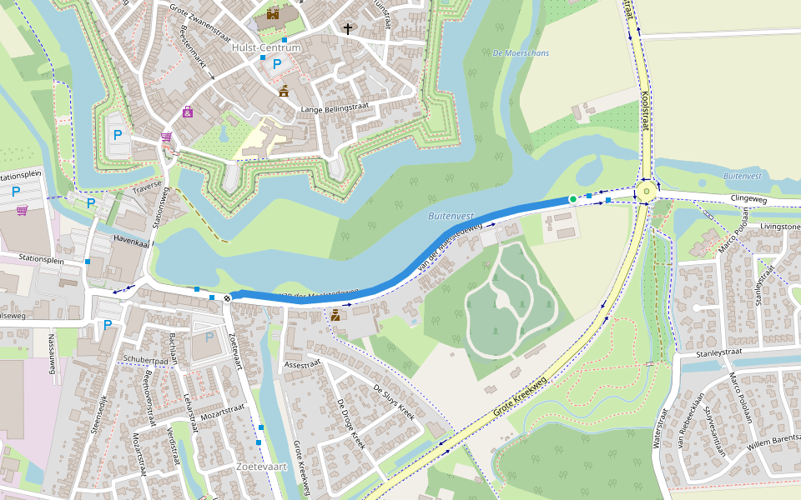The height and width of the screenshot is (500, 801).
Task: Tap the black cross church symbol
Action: pos(348,29)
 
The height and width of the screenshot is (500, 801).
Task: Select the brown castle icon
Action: pos(273,12)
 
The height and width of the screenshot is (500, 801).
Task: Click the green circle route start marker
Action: pos(572,198)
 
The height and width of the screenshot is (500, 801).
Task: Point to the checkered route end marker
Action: pos(227,297)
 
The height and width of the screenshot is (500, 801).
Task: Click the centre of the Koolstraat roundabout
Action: pos(646,192)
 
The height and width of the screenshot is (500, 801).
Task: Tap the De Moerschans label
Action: pos(521,53)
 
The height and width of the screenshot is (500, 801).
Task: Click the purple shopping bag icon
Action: pos(188,112)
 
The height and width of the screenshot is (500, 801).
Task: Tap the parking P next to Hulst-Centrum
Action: pos(277,63)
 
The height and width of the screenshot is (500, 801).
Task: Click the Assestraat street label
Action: pos(302,364)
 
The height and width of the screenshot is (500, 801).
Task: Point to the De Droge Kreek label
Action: pos(351,424)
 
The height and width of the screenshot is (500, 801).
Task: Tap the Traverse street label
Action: pos(146,191)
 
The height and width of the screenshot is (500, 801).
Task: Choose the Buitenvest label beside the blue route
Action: pos(450,215)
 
